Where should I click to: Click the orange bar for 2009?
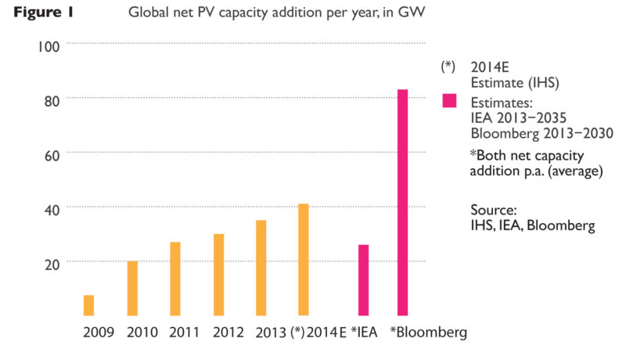[88, 305]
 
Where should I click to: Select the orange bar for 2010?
[132, 289]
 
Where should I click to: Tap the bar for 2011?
[175, 279]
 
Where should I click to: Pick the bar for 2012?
[219, 275]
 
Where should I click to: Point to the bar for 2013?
[261, 268]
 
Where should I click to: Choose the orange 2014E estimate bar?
[304, 260]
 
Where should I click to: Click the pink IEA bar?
[363, 280]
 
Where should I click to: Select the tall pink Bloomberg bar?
[402, 203]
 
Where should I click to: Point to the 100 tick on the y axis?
[49, 47]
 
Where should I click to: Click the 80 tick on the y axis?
[52, 102]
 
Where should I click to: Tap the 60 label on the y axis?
[52, 156]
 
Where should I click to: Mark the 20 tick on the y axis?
[52, 265]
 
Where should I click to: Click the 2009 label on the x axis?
[99, 332]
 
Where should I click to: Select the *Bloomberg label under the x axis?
[428, 333]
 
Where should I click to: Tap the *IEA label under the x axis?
[364, 332]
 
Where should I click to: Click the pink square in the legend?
[449, 101]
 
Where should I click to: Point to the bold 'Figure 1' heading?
[44, 12]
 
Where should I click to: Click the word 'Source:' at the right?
[494, 210]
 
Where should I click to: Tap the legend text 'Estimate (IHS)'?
[515, 83]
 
